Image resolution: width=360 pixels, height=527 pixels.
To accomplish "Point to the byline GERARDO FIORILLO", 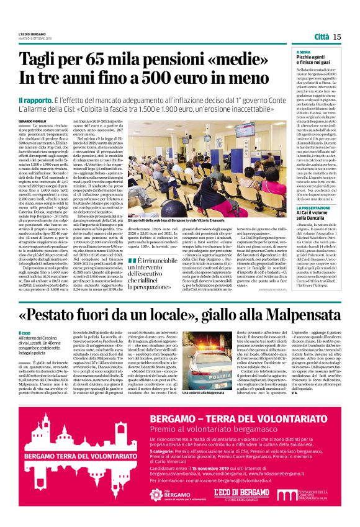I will click(32, 120).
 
